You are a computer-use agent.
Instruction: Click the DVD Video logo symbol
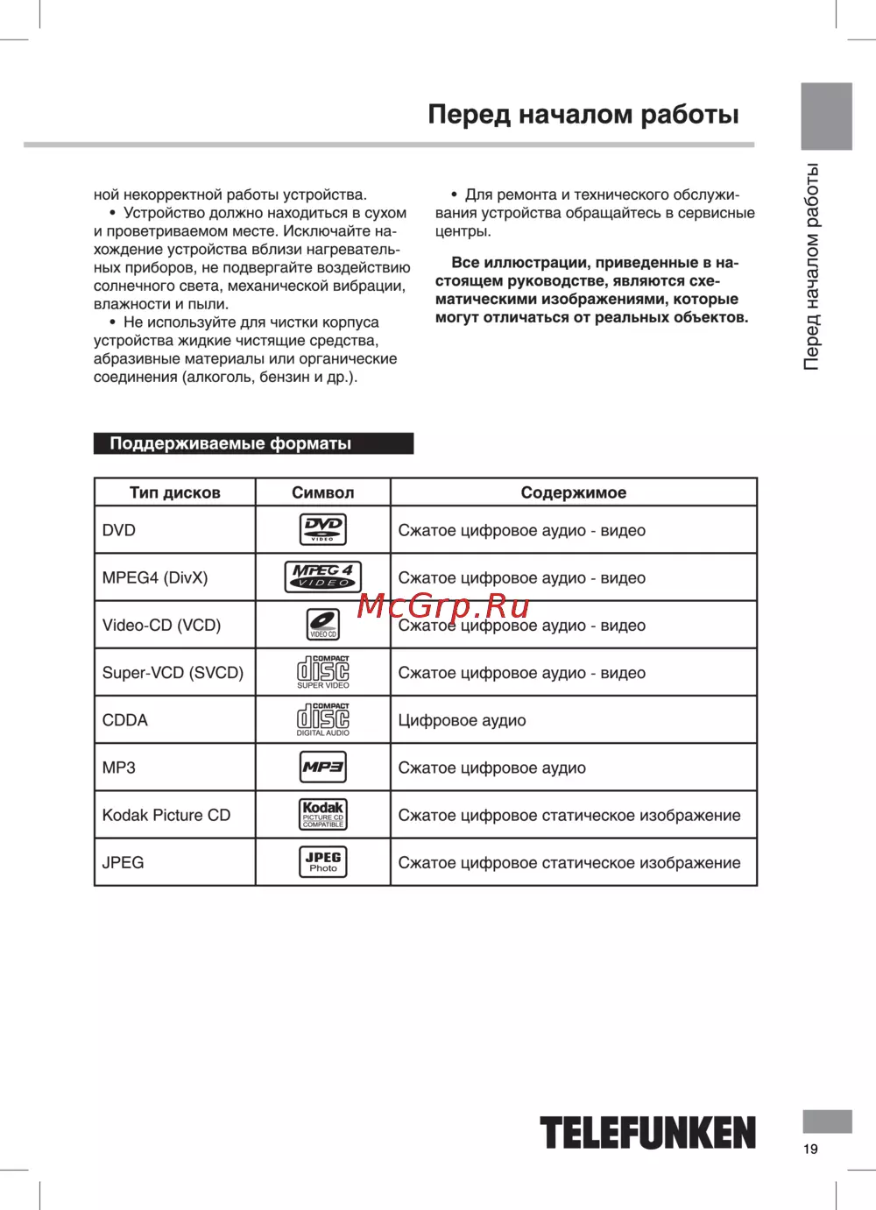point(322,529)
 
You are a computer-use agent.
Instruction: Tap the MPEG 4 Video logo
point(322,577)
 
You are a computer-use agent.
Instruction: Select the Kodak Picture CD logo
point(322,814)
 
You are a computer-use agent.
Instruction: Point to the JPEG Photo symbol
point(322,862)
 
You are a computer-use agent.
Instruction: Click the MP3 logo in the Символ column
point(322,768)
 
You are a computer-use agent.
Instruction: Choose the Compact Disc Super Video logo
point(322,672)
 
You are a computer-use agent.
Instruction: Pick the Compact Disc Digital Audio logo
point(322,719)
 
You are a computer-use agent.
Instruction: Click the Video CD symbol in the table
point(322,624)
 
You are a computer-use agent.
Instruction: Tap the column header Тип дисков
point(174,492)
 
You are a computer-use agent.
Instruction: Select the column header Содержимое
point(573,492)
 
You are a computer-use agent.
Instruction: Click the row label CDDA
point(125,720)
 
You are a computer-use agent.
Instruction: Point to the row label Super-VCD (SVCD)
point(173,673)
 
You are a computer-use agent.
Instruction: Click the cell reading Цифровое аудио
point(462,720)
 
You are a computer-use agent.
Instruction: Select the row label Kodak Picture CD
point(166,815)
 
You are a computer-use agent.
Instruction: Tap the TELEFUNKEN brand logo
point(647,1133)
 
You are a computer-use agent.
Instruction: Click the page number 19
point(810,1149)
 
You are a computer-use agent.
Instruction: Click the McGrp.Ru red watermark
point(444,605)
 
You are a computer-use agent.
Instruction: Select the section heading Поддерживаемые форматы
point(230,443)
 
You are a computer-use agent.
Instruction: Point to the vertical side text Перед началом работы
point(812,266)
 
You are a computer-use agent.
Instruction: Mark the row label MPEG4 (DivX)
point(155,578)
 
